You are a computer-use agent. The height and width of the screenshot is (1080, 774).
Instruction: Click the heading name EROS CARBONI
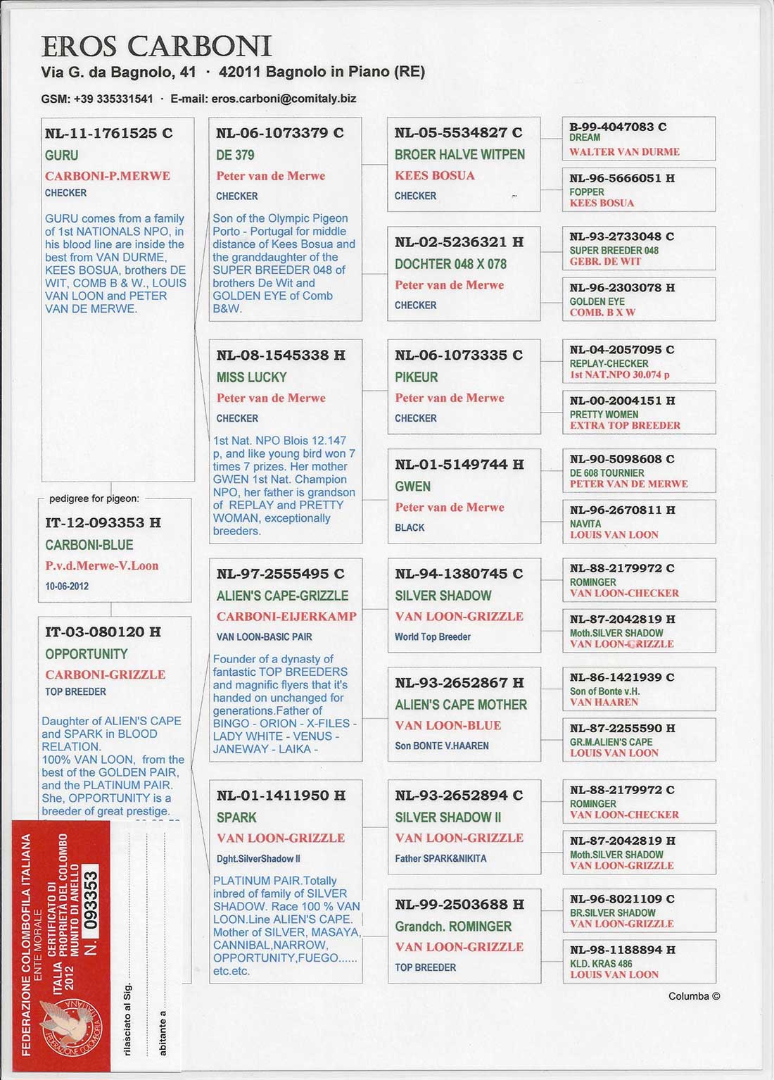click(x=156, y=46)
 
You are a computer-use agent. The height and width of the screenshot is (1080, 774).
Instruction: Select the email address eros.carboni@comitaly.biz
click(x=284, y=99)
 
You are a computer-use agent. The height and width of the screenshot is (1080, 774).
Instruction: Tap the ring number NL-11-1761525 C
click(x=108, y=133)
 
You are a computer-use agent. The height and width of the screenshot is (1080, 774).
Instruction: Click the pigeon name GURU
click(x=62, y=155)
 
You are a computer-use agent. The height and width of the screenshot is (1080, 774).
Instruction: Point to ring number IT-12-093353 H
click(x=103, y=522)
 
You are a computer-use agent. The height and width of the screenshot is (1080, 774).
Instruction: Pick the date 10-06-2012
click(x=67, y=586)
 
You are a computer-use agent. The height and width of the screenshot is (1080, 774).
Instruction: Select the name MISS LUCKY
click(x=251, y=377)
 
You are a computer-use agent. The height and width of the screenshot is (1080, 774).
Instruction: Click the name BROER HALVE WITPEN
click(x=459, y=154)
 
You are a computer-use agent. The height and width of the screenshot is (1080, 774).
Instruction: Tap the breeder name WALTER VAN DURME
click(x=624, y=151)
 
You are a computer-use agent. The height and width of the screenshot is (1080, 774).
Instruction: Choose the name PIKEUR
click(x=416, y=377)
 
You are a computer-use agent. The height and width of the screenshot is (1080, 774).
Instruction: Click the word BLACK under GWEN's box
click(x=410, y=527)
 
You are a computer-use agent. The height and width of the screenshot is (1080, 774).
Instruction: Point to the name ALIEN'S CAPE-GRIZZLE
click(x=282, y=596)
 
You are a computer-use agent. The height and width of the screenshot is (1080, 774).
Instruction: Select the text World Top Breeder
click(x=432, y=636)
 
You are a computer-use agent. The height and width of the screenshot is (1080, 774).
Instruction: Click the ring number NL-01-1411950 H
click(x=281, y=796)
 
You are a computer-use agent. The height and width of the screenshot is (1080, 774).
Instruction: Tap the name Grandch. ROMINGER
click(x=453, y=927)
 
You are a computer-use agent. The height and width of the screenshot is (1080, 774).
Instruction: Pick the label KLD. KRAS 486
click(x=601, y=964)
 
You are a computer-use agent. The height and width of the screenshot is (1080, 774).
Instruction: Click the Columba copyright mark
click(x=694, y=996)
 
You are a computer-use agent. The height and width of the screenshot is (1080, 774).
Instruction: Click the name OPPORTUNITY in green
click(x=87, y=654)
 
